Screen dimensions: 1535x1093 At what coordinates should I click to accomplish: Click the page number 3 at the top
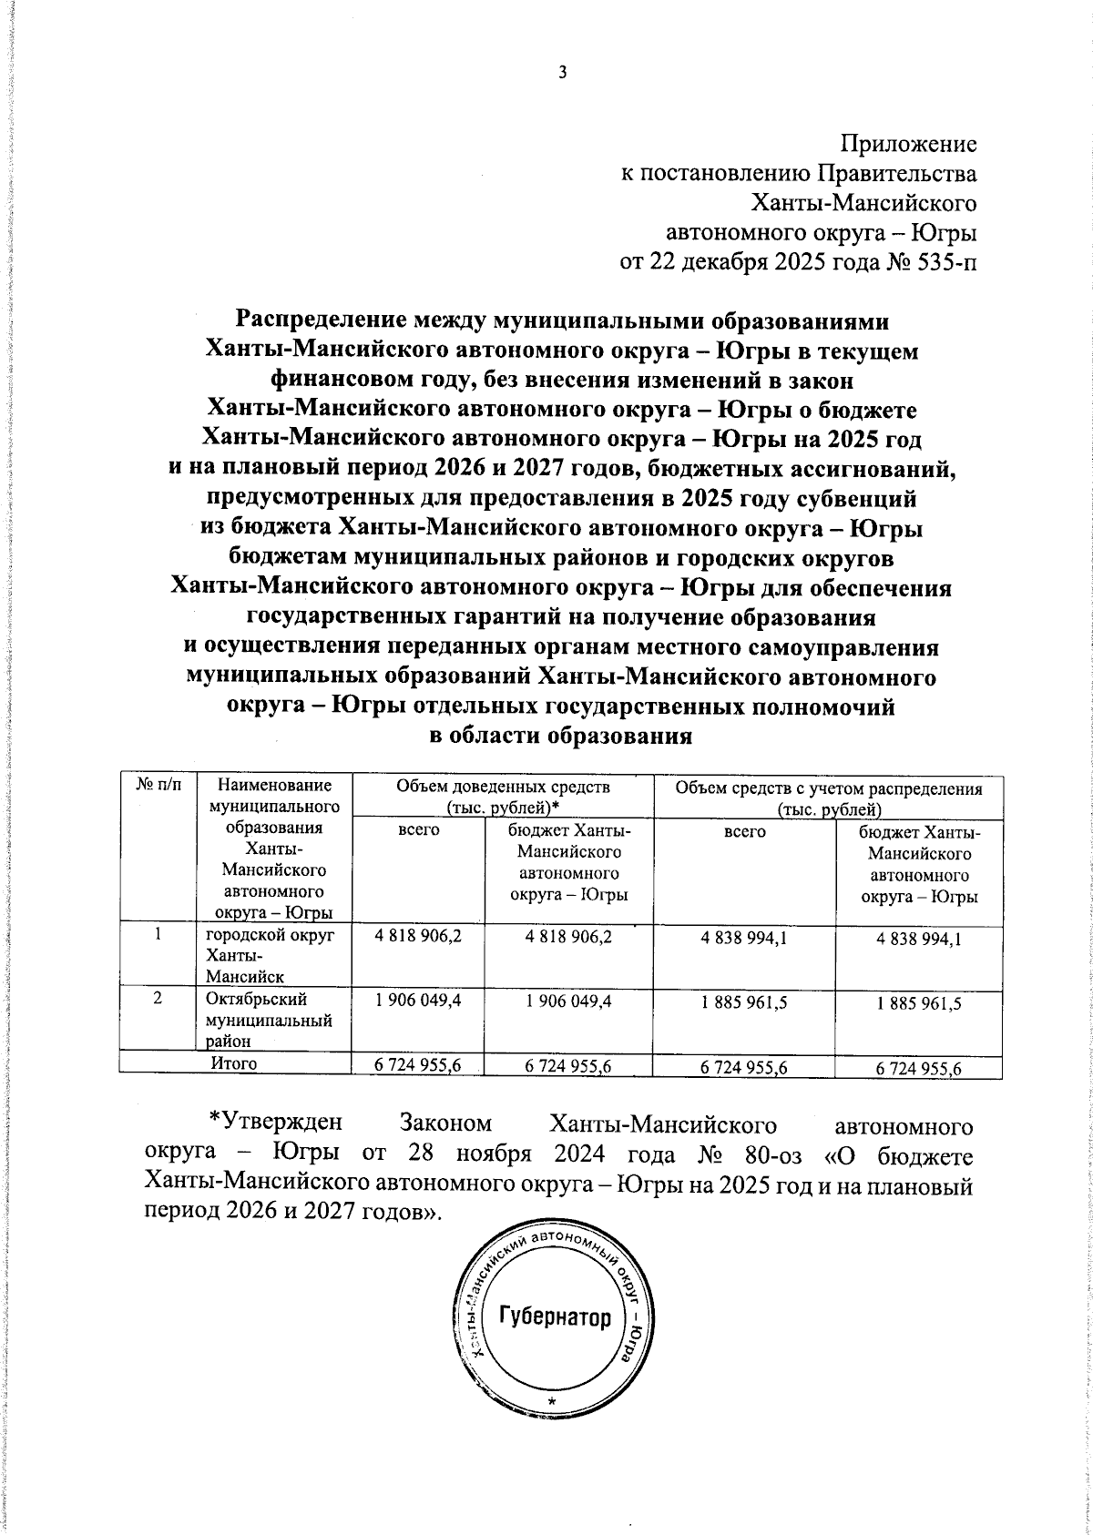pos(562,73)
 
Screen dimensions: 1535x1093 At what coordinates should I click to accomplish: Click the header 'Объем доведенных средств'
pos(502,787)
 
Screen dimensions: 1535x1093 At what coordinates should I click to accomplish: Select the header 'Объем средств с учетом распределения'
pos(828,788)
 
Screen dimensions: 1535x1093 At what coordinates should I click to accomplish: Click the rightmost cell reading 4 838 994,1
pos(918,940)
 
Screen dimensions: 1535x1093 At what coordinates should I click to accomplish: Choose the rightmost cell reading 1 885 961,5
pos(918,1003)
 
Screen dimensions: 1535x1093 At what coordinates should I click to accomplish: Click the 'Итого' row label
pos(233,1062)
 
